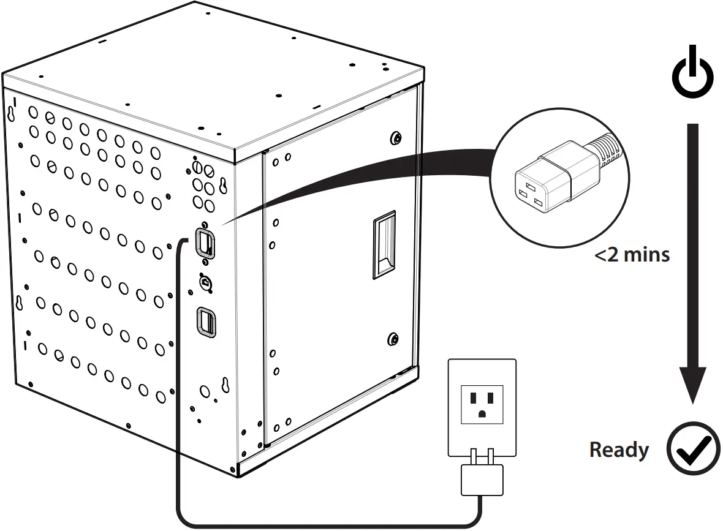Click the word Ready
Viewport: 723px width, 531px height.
619,450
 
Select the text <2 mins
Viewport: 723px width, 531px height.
632,254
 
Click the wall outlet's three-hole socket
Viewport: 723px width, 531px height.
482,404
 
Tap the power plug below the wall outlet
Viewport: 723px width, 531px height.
482,478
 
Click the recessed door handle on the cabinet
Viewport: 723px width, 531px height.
384,245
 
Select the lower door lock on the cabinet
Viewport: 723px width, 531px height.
392,339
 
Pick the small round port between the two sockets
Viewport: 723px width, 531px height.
205,281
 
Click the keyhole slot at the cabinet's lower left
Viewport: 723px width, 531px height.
20,303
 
